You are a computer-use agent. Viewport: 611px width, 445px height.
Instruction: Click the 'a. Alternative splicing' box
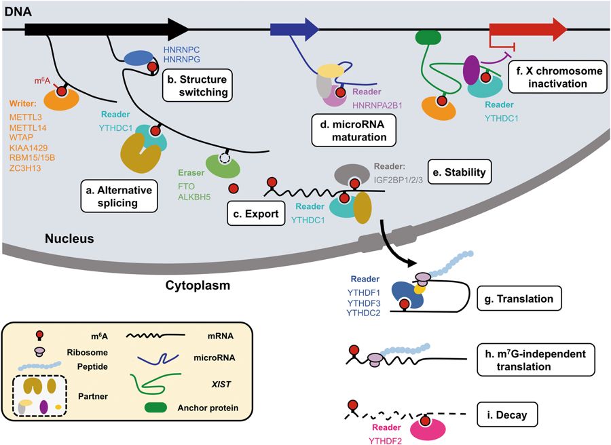[119, 196]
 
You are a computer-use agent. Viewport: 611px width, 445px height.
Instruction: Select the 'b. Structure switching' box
[197, 85]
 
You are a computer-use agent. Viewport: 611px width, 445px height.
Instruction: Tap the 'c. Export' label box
[256, 214]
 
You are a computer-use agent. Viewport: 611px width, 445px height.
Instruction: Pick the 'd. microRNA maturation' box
[354, 130]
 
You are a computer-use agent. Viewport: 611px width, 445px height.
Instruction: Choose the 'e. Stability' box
[460, 172]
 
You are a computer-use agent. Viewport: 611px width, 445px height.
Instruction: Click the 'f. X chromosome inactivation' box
[557, 77]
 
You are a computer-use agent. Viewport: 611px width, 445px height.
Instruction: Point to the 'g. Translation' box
[519, 298]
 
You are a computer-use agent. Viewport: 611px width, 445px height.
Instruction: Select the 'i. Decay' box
[507, 415]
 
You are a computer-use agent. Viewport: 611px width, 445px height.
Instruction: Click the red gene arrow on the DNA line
[528, 29]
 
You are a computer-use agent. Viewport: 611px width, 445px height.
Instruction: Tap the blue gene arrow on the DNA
[295, 29]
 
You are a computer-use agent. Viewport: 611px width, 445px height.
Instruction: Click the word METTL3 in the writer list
[26, 117]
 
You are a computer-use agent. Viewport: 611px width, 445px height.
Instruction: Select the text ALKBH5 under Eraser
[194, 197]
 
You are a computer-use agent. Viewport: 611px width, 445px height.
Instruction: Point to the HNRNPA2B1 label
[377, 105]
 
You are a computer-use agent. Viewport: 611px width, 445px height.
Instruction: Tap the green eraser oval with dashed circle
[223, 166]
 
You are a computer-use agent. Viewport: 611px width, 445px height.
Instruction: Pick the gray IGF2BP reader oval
[352, 174]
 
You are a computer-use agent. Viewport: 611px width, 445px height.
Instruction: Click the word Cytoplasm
[198, 286]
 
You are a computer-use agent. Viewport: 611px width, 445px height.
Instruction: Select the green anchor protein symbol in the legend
[156, 407]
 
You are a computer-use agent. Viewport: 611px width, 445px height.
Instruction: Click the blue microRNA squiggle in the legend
[158, 358]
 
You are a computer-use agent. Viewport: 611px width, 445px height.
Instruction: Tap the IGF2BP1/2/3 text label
[399, 180]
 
